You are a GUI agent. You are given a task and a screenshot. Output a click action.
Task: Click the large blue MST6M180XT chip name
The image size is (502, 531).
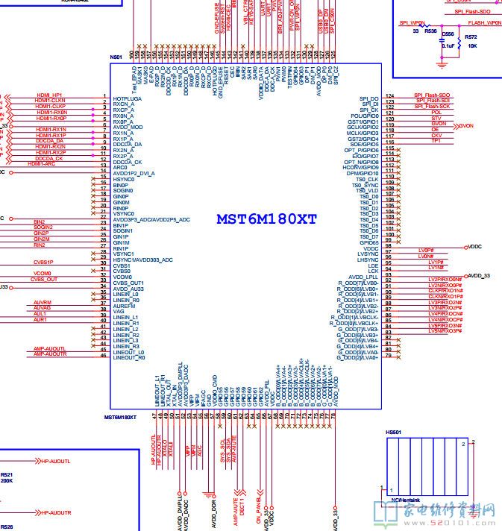coord(266,219)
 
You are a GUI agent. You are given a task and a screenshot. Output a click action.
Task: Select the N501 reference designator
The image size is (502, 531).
coord(116,57)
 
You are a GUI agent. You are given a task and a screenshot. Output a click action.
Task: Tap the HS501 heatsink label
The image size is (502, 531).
coord(393,432)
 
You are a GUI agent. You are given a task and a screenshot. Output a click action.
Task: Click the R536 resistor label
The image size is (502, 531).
coord(430,31)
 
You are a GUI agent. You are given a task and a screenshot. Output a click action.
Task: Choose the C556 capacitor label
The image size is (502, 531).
coord(448,34)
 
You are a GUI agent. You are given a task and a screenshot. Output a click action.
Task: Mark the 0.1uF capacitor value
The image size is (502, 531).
coord(448,45)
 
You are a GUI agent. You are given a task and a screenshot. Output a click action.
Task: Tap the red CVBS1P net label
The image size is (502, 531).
coord(43,262)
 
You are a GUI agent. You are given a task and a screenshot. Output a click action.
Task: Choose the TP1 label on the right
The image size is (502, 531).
coord(436,140)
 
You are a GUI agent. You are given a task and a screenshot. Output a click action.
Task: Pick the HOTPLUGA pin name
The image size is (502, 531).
coord(127,98)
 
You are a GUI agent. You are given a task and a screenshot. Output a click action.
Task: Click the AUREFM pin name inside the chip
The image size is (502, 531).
coord(125,306)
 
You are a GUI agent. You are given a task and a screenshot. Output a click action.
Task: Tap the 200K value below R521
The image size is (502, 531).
coord(6,480)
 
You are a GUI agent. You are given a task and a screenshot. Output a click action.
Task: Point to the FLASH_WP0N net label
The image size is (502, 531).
coord(485,23)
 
